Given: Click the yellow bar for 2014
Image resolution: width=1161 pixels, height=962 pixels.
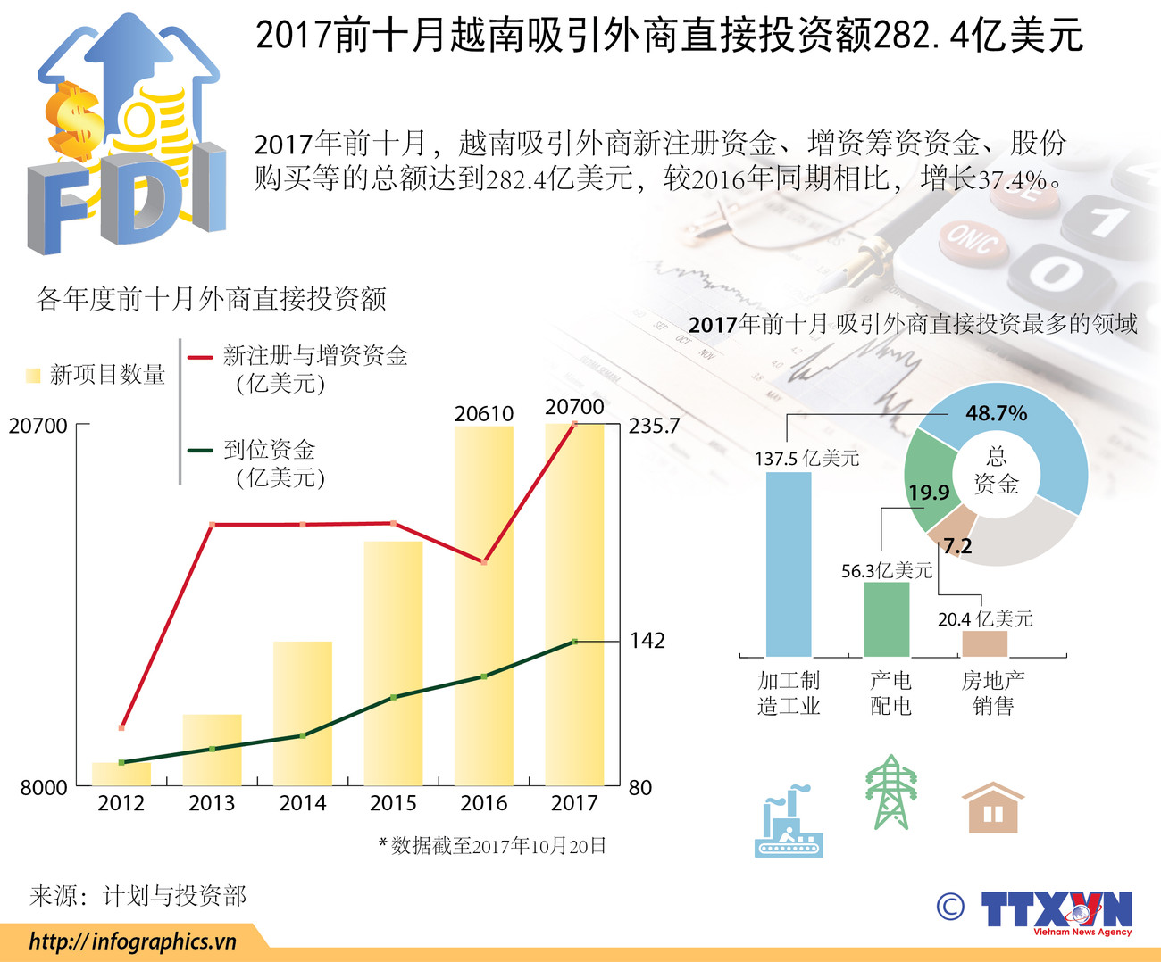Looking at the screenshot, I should click(x=302, y=714).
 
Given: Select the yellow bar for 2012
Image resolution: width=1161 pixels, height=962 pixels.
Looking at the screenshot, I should click(x=121, y=774).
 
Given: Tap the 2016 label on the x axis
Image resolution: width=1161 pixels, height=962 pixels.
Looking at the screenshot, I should click(x=483, y=803).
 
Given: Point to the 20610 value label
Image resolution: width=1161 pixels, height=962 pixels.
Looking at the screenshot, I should click(x=484, y=413).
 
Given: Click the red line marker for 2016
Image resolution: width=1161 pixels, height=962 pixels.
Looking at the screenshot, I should click(x=484, y=561).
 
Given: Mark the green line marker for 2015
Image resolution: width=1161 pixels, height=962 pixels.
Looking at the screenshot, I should click(x=394, y=697).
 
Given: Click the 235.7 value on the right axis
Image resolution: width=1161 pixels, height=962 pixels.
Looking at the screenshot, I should click(x=654, y=426).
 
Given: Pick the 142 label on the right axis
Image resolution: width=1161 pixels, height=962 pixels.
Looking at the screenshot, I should click(x=647, y=640).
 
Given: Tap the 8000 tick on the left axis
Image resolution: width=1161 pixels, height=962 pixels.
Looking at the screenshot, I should click(x=44, y=787).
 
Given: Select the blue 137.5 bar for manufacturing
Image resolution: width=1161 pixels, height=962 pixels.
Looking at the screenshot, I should click(x=789, y=564).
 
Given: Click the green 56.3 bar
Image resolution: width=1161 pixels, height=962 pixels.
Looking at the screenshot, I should click(x=886, y=618).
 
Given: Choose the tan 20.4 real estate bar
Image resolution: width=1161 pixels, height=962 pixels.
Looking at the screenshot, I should click(x=984, y=643).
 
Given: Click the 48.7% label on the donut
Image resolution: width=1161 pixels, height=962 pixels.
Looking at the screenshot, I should click(x=996, y=413).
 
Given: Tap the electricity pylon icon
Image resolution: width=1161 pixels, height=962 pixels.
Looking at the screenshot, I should click(x=890, y=792).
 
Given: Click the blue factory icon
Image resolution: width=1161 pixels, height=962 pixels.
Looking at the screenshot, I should click(x=789, y=822).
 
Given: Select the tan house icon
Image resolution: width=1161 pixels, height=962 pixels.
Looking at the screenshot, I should click(x=992, y=809).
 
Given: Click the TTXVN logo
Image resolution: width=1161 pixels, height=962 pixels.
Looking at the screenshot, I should click(x=1056, y=911).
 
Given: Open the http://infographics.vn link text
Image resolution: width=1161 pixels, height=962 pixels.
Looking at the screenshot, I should click(x=132, y=941).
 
